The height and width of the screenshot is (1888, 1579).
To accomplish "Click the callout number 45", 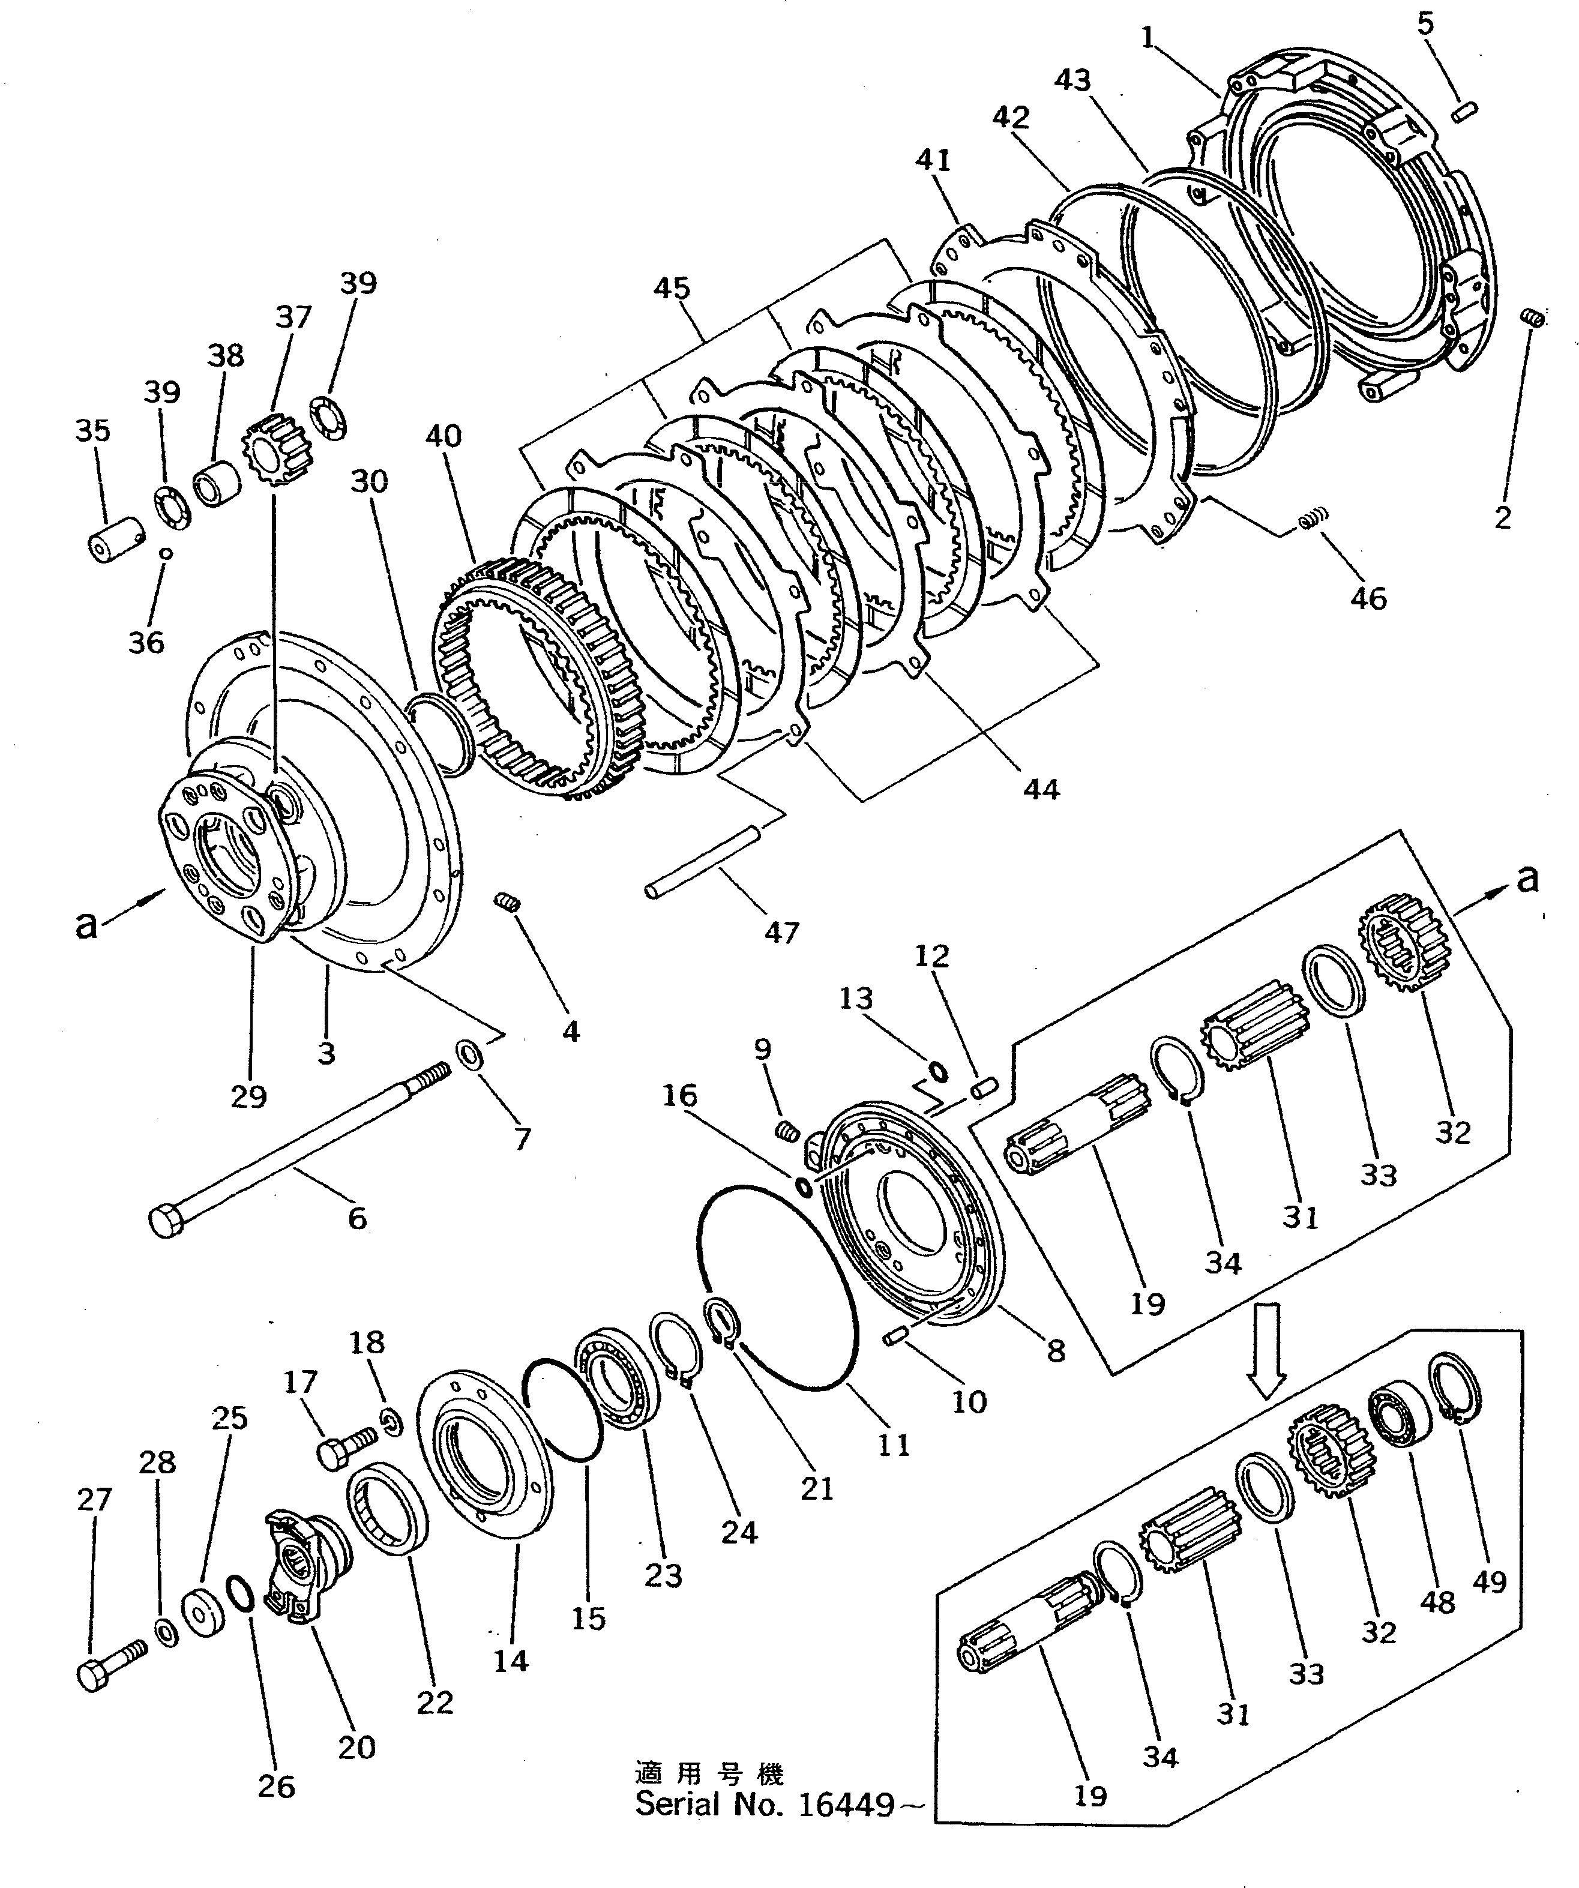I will point(672,289).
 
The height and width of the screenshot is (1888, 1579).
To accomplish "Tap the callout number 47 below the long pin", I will point(781,933).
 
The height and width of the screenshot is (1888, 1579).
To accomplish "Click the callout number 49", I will point(1488,1607).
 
